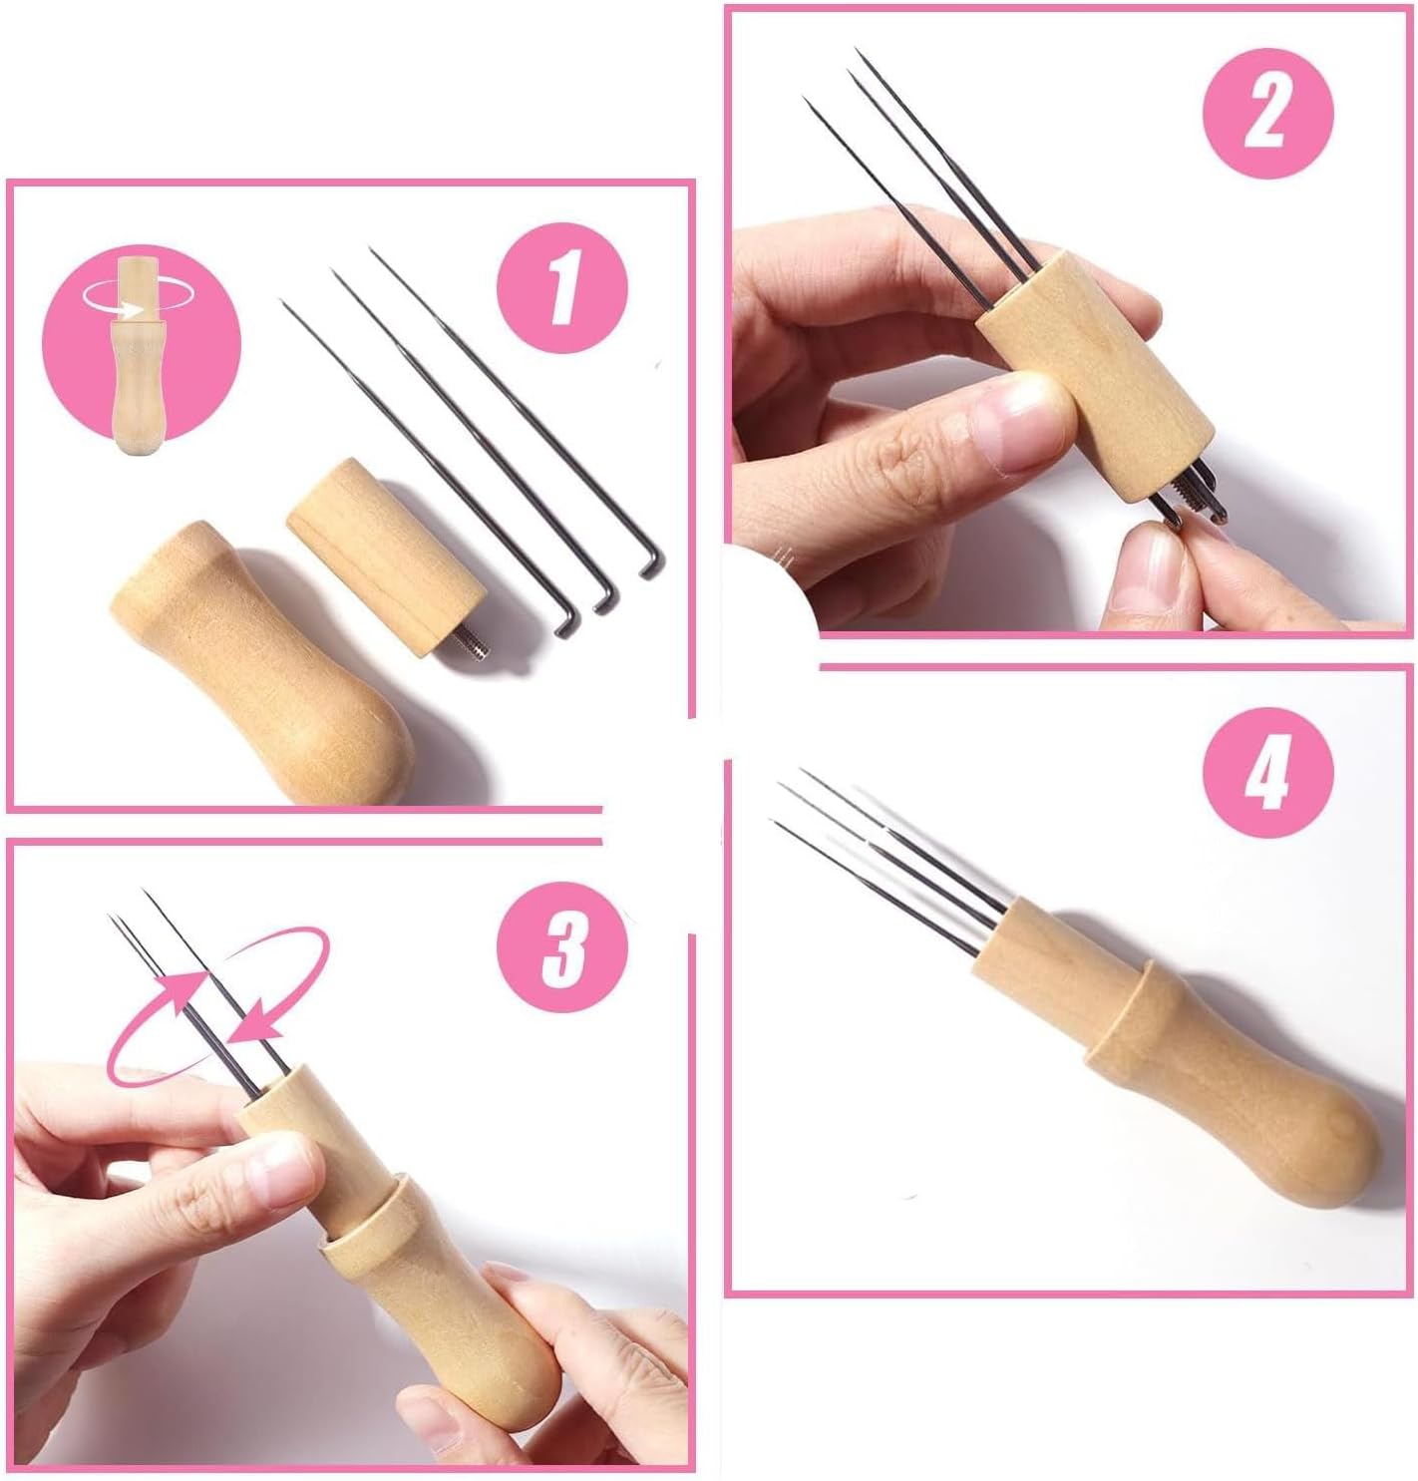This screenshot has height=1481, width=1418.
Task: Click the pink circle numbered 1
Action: click(561, 287)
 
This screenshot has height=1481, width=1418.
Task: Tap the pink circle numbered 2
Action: click(1267, 113)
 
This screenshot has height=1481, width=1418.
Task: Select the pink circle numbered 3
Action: click(561, 946)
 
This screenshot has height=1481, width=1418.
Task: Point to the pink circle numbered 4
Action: click(1267, 773)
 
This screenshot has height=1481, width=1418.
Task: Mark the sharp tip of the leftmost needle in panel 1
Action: click(282, 301)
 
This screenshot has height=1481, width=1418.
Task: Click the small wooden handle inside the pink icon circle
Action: click(137, 356)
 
